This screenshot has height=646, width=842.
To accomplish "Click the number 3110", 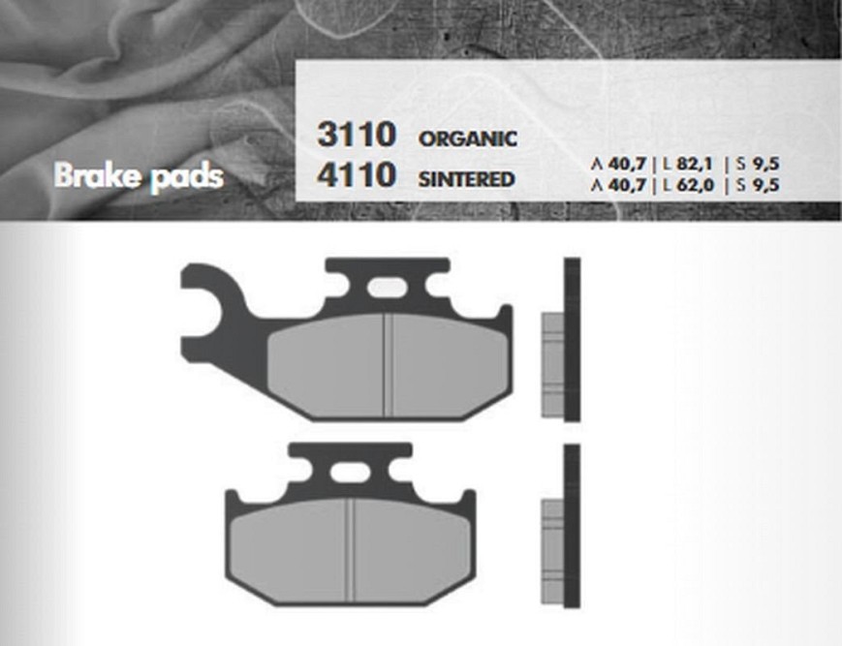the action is (x=357, y=134).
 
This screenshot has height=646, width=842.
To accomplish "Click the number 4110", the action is (x=357, y=175).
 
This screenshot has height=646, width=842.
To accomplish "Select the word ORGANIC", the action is (x=468, y=138).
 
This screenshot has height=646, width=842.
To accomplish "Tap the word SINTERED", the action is (x=467, y=179).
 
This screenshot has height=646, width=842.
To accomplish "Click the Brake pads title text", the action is (x=139, y=176).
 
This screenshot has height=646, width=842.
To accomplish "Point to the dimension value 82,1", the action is (x=695, y=164).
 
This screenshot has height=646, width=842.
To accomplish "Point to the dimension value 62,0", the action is (x=696, y=185).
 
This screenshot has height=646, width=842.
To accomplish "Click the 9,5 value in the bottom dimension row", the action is (x=764, y=185).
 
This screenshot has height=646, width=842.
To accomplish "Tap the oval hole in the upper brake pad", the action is (x=388, y=287).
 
